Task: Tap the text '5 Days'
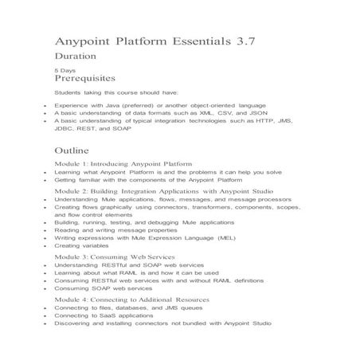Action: click(65, 70)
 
